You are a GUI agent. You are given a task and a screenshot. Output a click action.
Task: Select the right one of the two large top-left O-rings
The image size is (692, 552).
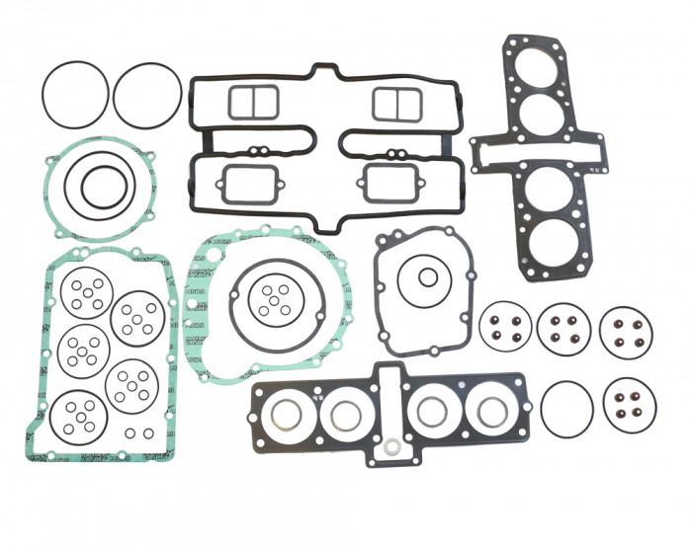[x=147, y=97]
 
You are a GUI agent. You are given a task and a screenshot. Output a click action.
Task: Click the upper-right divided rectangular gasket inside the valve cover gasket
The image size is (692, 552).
[x=397, y=103]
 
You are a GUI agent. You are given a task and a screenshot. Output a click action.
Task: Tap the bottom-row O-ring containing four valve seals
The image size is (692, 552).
[x=628, y=404]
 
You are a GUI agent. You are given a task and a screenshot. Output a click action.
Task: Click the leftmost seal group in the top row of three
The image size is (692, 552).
[x=505, y=327]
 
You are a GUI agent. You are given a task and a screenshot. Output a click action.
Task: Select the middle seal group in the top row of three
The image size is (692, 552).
[x=564, y=327]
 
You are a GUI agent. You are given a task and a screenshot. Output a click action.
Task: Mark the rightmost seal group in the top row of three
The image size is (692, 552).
[x=626, y=329]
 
